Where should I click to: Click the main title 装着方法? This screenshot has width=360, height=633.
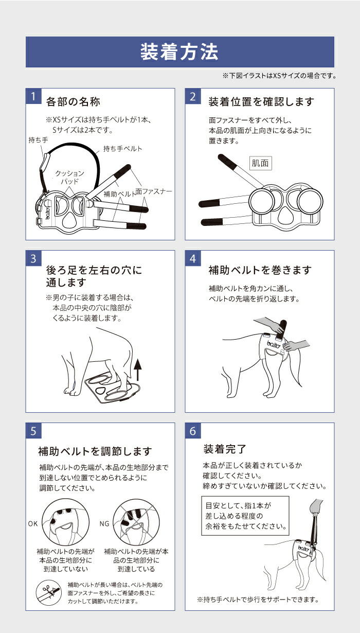(x=179, y=52)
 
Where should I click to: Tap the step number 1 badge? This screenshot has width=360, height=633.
(x=33, y=96)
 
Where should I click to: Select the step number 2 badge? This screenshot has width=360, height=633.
(x=193, y=96)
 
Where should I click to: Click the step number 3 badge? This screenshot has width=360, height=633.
(x=33, y=258)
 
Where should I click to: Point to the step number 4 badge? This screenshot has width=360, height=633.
(x=193, y=258)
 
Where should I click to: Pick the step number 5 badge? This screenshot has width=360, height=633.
(x=33, y=430)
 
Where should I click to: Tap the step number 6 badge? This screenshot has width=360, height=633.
(x=193, y=430)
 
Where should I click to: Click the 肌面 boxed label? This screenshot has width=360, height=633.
(x=260, y=164)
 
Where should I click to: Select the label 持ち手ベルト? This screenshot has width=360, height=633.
(x=123, y=149)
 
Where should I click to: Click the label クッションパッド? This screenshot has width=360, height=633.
(x=70, y=178)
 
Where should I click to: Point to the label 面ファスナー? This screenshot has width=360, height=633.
(x=153, y=191)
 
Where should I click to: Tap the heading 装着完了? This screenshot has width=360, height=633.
(x=225, y=449)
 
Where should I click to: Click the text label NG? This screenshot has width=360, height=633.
(x=104, y=523)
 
